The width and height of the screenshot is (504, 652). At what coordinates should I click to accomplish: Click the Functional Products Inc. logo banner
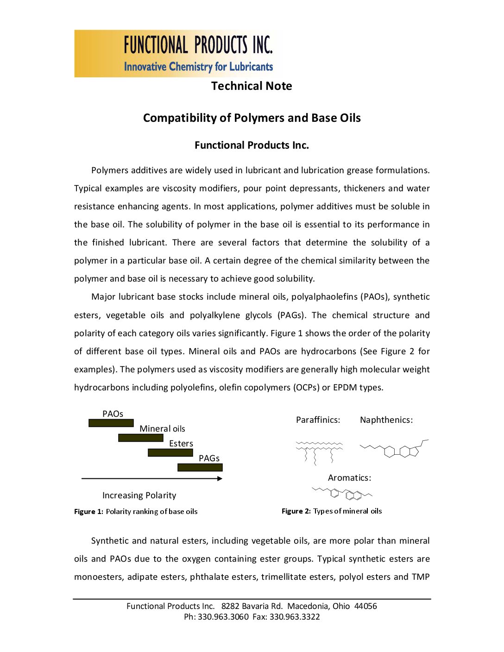tap(178, 54)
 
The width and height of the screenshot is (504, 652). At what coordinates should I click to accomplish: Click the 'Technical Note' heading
tap(252, 86)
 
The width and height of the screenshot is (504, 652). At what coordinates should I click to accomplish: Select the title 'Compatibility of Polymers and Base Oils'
tap(252, 118)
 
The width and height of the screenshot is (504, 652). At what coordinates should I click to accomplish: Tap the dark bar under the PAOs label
tap(111, 423)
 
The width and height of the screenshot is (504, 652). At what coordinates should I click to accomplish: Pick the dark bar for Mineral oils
tap(141, 438)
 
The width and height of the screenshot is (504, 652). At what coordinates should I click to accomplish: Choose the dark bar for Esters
tap(170, 452)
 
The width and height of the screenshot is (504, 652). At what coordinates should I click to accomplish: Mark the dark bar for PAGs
tap(200, 467)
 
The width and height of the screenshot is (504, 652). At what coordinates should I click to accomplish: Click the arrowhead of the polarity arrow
tap(220, 478)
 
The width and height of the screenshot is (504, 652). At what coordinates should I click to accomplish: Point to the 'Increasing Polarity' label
tap(139, 495)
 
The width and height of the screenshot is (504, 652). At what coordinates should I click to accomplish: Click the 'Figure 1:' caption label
tap(88, 512)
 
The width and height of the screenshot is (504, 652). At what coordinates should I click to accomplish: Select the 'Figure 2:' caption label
tap(296, 511)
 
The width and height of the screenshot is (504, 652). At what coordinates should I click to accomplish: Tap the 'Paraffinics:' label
tap(318, 420)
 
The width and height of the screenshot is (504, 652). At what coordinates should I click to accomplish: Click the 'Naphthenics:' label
tap(386, 420)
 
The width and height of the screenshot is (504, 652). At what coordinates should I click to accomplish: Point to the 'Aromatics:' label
tap(349, 478)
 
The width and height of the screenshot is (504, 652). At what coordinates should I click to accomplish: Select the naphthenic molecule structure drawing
tap(394, 449)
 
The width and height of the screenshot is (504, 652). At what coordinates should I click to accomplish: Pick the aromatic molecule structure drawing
tap(343, 494)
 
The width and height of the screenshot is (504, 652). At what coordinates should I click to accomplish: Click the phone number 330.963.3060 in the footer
tap(223, 617)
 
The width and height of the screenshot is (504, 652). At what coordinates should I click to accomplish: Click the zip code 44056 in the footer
tap(365, 606)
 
